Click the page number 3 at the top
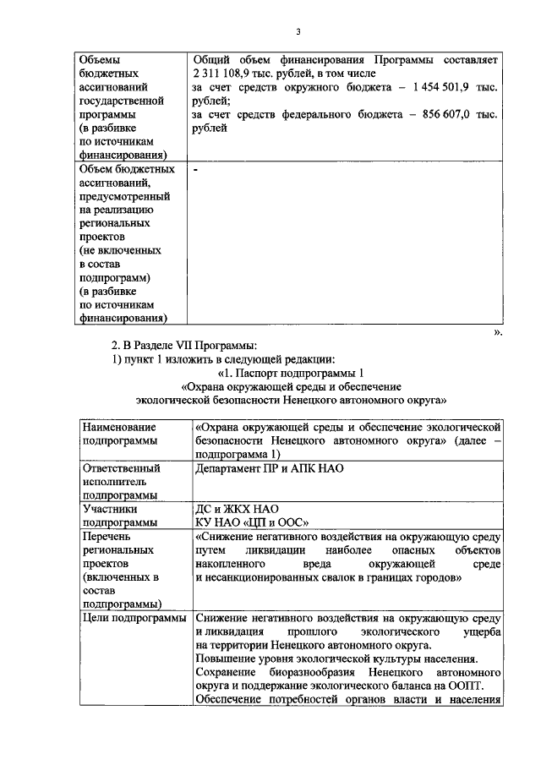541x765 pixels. [x=297, y=32]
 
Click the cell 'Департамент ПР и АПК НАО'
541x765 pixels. [x=268, y=467]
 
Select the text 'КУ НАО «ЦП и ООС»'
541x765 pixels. [x=251, y=523]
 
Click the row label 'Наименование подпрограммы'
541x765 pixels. [x=119, y=434]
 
